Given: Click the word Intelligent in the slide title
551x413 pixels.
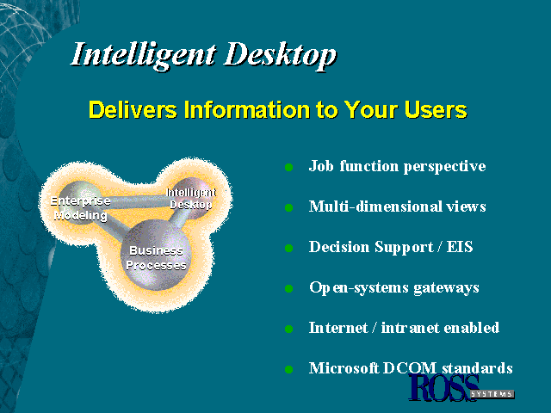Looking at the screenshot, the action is point(143,55).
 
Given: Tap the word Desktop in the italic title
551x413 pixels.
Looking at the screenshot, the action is point(281,55).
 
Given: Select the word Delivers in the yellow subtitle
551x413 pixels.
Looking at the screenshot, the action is point(133,109).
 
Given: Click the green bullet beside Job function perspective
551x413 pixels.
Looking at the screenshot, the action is point(289,167).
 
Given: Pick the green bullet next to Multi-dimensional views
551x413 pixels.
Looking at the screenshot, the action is point(289,208).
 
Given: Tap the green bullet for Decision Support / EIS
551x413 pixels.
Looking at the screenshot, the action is point(289,249).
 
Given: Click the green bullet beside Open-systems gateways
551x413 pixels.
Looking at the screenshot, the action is point(289,289).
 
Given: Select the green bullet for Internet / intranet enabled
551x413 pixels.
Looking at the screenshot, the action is point(289,329).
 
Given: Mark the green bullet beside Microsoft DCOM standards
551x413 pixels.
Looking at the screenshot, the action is point(289,369).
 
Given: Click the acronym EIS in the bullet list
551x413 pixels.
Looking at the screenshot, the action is point(460,247).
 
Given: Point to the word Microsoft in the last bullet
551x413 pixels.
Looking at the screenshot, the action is point(344,368).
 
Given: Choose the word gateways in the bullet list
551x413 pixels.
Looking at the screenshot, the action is point(446,288).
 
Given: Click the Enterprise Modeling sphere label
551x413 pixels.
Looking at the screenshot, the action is point(80,208).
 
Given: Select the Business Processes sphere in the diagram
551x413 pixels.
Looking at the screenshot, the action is point(156,255).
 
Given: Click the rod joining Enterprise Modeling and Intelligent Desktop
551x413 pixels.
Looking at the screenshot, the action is point(136,201).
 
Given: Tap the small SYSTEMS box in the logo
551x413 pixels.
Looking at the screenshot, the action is point(492,394).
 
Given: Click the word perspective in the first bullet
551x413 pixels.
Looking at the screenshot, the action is point(445,166).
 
